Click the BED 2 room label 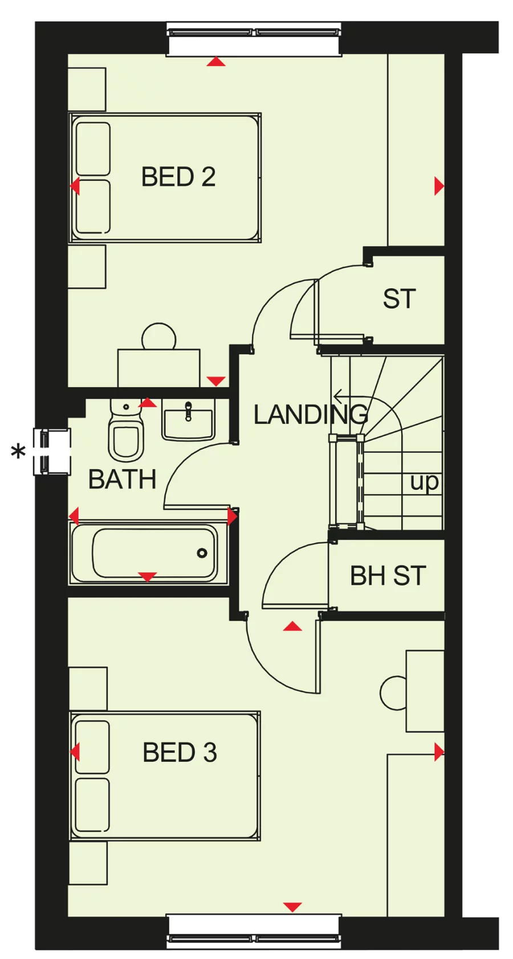tap(178, 177)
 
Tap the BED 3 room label tap(180, 752)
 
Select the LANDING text tap(310, 415)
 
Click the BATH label tap(122, 480)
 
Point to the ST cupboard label tap(399, 299)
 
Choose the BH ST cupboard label tap(388, 576)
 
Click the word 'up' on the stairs tap(424, 482)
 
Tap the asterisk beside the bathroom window tap(19, 453)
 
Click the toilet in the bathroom tap(125, 436)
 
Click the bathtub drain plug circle tap(202, 553)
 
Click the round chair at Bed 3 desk tap(393, 692)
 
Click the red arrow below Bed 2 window tap(216, 62)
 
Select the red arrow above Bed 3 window tap(292, 907)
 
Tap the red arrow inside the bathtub tap(148, 577)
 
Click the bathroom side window tap(52, 452)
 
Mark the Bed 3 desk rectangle tap(425, 691)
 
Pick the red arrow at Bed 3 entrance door tap(292, 626)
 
